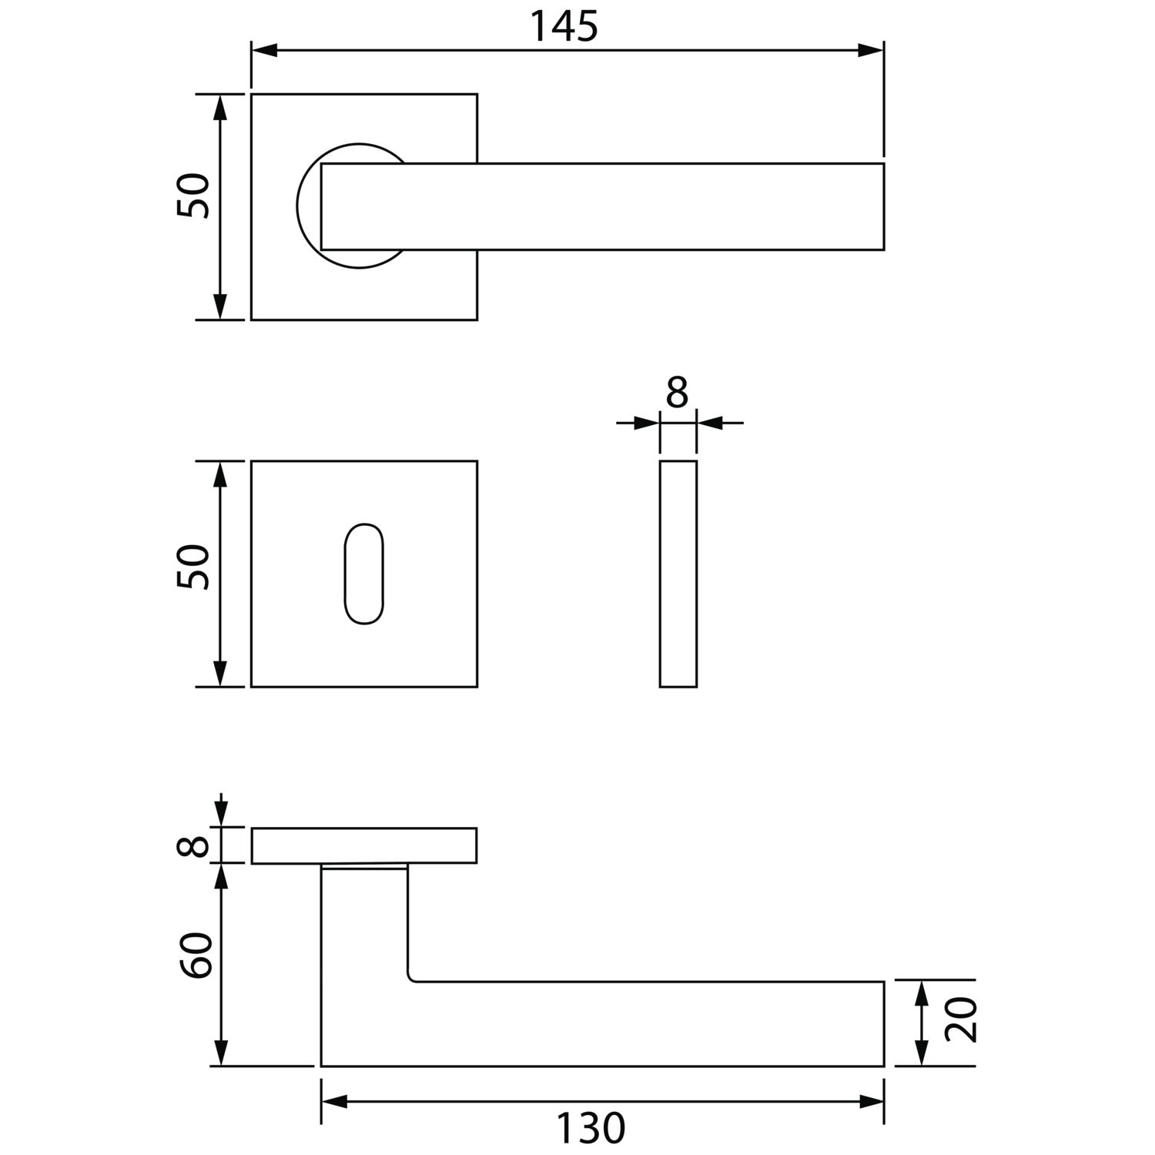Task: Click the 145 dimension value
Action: (564, 27)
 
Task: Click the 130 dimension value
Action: (591, 1129)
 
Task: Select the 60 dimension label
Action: (196, 955)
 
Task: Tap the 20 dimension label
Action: (960, 1020)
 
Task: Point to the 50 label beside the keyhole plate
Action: (193, 567)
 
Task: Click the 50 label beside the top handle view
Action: (193, 196)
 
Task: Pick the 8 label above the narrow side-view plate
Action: (677, 393)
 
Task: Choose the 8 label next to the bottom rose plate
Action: (193, 845)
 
